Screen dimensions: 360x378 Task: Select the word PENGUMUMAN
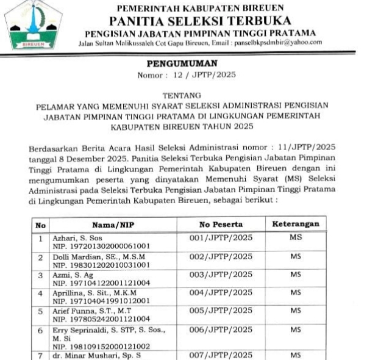click(190, 63)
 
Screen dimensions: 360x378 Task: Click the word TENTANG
click(189, 96)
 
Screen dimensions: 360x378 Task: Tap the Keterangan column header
click(295, 224)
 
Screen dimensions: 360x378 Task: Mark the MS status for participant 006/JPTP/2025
click(295, 329)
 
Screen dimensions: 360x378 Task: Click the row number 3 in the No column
click(40, 275)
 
